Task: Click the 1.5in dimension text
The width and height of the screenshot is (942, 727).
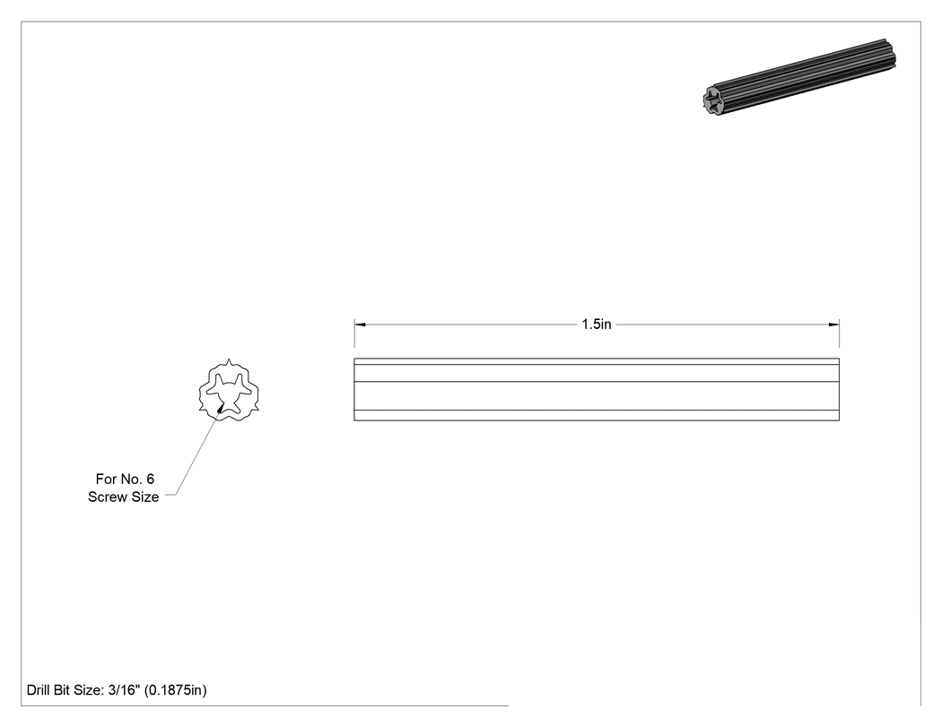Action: (x=596, y=325)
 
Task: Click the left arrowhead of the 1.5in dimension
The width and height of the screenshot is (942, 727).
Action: (x=360, y=325)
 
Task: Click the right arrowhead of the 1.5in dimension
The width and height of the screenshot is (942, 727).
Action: (x=833, y=325)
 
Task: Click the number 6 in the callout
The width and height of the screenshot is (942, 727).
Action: (x=150, y=479)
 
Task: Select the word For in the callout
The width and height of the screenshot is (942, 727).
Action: (x=105, y=479)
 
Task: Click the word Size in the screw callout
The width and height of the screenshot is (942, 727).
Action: (x=144, y=498)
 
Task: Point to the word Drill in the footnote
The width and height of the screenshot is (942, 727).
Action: (x=38, y=689)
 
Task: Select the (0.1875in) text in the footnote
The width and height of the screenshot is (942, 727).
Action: (x=176, y=690)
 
